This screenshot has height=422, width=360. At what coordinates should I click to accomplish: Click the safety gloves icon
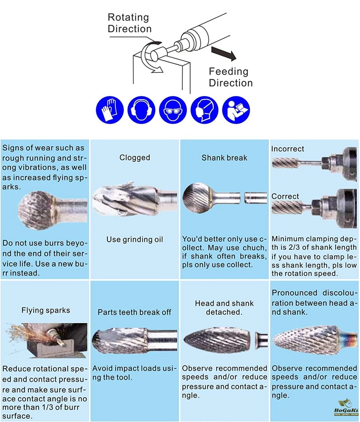[110, 110]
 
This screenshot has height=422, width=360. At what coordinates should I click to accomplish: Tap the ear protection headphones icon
[141, 110]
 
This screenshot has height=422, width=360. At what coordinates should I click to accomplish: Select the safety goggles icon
[173, 110]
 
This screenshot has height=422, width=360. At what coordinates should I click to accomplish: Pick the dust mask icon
[204, 110]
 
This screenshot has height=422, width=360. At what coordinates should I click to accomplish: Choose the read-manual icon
[236, 110]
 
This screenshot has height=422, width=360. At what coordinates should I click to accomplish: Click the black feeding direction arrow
[224, 53]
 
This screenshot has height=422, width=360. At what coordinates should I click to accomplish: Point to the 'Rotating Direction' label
[129, 23]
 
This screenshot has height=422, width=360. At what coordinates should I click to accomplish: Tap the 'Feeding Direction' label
[231, 77]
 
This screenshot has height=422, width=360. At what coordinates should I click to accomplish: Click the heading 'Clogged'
[134, 157]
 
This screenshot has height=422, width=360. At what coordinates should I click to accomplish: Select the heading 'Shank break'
[224, 157]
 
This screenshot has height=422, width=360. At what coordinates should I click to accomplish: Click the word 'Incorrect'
[287, 149]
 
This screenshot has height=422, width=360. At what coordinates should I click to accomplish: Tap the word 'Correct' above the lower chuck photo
[285, 196]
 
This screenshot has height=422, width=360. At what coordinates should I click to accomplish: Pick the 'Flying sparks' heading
[46, 310]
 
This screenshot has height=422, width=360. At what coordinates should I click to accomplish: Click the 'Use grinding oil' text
[134, 239]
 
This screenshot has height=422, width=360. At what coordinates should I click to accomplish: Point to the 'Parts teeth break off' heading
[134, 312]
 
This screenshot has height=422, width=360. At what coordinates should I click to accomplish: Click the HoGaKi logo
[346, 408]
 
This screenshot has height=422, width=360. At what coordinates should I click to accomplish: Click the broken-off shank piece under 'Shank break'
[255, 198]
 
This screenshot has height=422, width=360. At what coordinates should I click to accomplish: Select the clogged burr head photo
[127, 199]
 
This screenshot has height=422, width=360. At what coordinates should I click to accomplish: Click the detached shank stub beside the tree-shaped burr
[261, 339]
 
